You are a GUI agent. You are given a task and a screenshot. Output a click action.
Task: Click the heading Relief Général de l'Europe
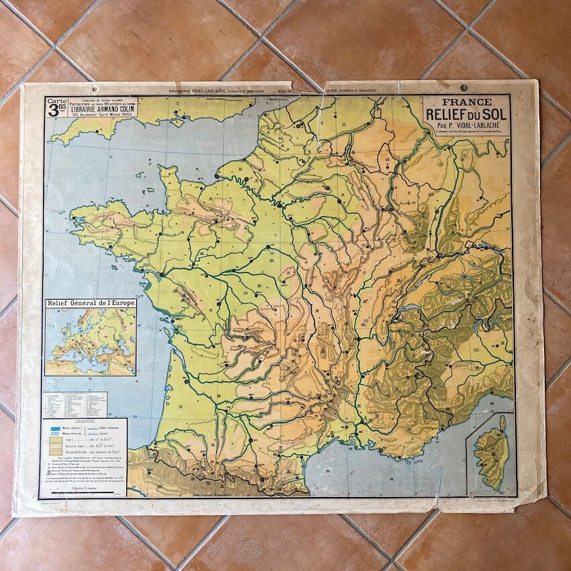coord(91,303)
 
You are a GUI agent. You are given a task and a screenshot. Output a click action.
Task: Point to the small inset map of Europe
coord(90,341)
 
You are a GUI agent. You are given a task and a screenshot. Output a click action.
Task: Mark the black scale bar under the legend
coord(85,492)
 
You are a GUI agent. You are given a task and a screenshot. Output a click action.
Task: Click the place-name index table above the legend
coord(75,405)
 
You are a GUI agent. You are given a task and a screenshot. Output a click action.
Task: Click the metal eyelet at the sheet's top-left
coord(95,88)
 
